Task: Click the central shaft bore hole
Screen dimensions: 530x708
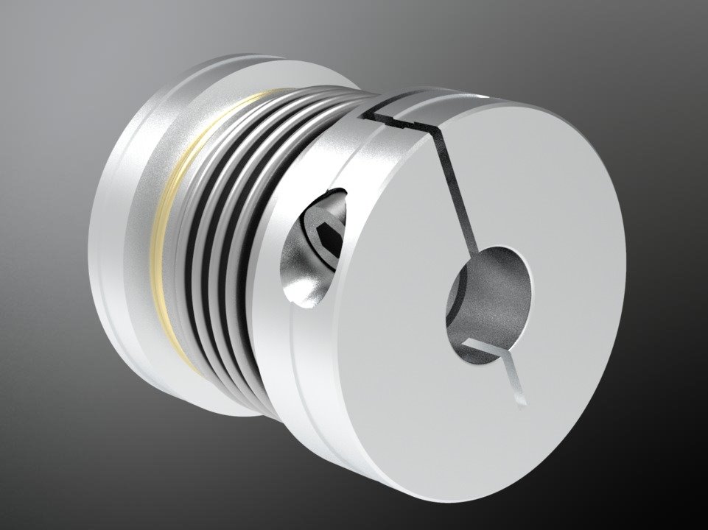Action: click(x=492, y=299)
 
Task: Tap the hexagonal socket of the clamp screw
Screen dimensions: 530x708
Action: click(x=327, y=236)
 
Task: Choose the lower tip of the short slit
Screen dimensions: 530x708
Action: click(x=522, y=401)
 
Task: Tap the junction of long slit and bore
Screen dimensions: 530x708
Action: click(x=474, y=247)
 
